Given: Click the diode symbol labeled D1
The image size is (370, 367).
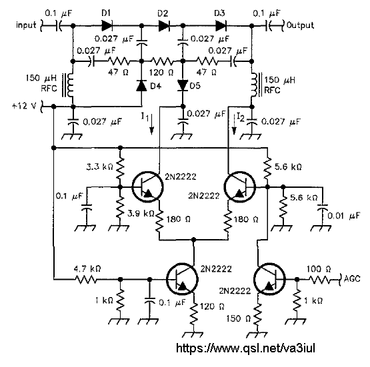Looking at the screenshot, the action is pyautogui.click(x=107, y=25).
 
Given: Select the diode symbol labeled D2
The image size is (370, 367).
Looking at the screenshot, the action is pyautogui.click(x=164, y=25).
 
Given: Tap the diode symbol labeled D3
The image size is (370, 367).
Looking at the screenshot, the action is pyautogui.click(x=221, y=25).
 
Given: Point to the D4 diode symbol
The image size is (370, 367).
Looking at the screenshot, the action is pyautogui.click(x=141, y=85).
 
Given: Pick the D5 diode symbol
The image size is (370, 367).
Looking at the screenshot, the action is pyautogui.click(x=183, y=85).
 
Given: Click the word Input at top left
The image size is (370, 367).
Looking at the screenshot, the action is pyautogui.click(x=26, y=25).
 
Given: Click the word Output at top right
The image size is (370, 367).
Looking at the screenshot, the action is pyautogui.click(x=300, y=25).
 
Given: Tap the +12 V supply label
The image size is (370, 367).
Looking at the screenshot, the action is pyautogui.click(x=24, y=106).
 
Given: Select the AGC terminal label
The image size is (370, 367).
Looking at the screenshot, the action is pyautogui.click(x=352, y=278).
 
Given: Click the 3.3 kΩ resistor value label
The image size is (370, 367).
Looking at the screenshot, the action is pyautogui.click(x=99, y=167).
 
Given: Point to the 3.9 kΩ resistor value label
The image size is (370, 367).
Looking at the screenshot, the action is pyautogui.click(x=141, y=213).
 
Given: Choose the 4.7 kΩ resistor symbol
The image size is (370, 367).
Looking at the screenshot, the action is pyautogui.click(x=85, y=280).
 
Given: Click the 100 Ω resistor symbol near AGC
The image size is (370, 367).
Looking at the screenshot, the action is pyautogui.click(x=319, y=280).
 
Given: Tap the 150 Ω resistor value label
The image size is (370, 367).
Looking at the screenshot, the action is pyautogui.click(x=238, y=318).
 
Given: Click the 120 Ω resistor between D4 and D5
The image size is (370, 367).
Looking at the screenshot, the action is pyautogui.click(x=163, y=61).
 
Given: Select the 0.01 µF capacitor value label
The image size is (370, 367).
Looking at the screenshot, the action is pyautogui.click(x=344, y=216).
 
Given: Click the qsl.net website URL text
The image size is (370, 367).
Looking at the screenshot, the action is pyautogui.click(x=245, y=348).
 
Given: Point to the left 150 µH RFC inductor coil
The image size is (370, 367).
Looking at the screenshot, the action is pyautogui.click(x=69, y=85).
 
